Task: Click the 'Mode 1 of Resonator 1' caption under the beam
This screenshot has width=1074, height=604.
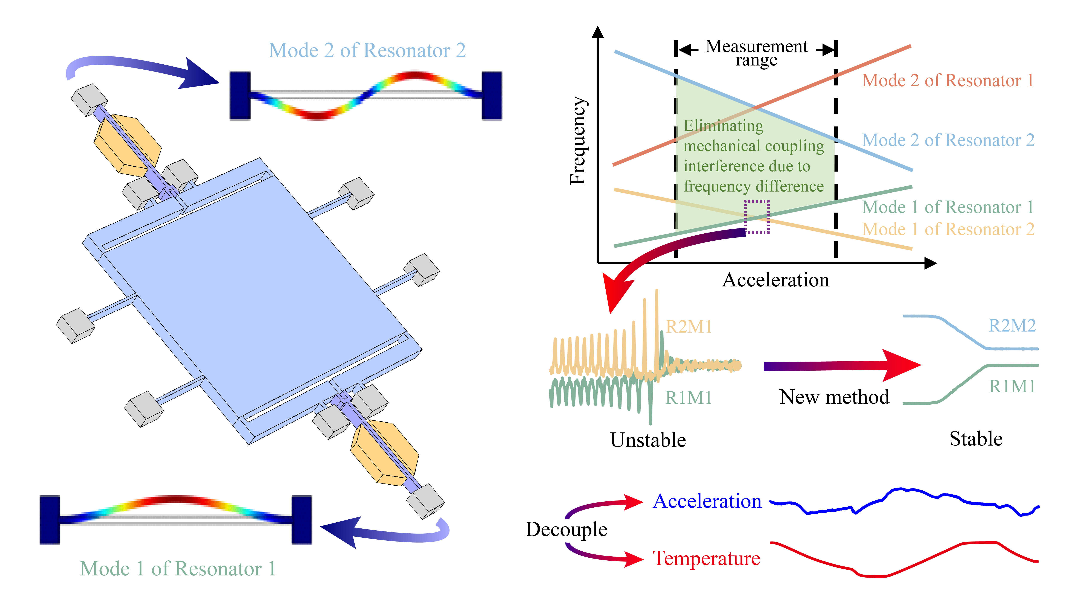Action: click(178, 569)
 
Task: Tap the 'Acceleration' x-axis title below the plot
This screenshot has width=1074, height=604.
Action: click(775, 280)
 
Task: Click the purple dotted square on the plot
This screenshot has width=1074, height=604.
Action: click(757, 217)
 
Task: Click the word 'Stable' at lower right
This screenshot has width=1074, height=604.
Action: click(976, 439)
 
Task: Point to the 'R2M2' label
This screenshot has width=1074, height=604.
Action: click(1012, 326)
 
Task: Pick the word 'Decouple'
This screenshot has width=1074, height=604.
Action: click(566, 529)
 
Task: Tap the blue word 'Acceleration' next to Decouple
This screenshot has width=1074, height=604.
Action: click(707, 501)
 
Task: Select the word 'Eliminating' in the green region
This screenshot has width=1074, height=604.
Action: click(723, 125)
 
